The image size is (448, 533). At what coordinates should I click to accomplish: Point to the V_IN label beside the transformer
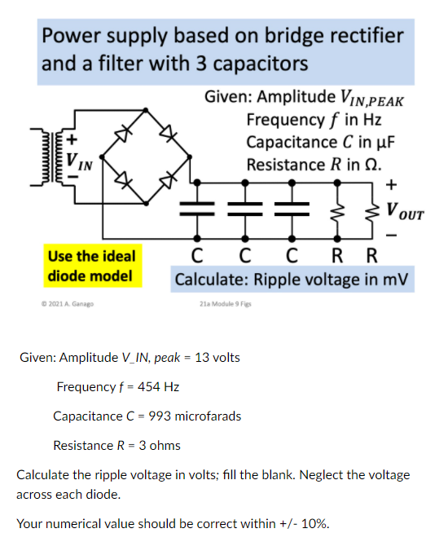(79, 161)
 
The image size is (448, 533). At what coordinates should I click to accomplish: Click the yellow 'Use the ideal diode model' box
(91, 266)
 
